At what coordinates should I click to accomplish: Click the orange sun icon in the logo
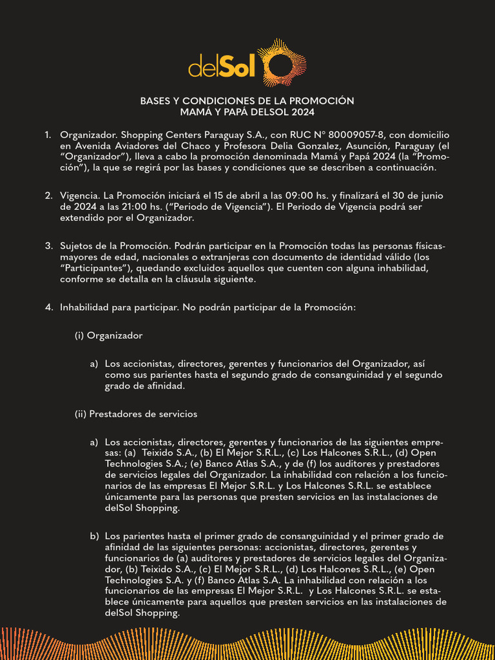click(281, 64)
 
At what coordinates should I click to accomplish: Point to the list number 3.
click(48, 246)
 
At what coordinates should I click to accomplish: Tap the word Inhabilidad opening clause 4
click(84, 307)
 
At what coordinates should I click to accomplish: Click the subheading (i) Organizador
click(108, 336)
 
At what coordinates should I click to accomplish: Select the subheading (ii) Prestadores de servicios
click(136, 414)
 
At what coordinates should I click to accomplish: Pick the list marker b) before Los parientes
click(94, 536)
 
